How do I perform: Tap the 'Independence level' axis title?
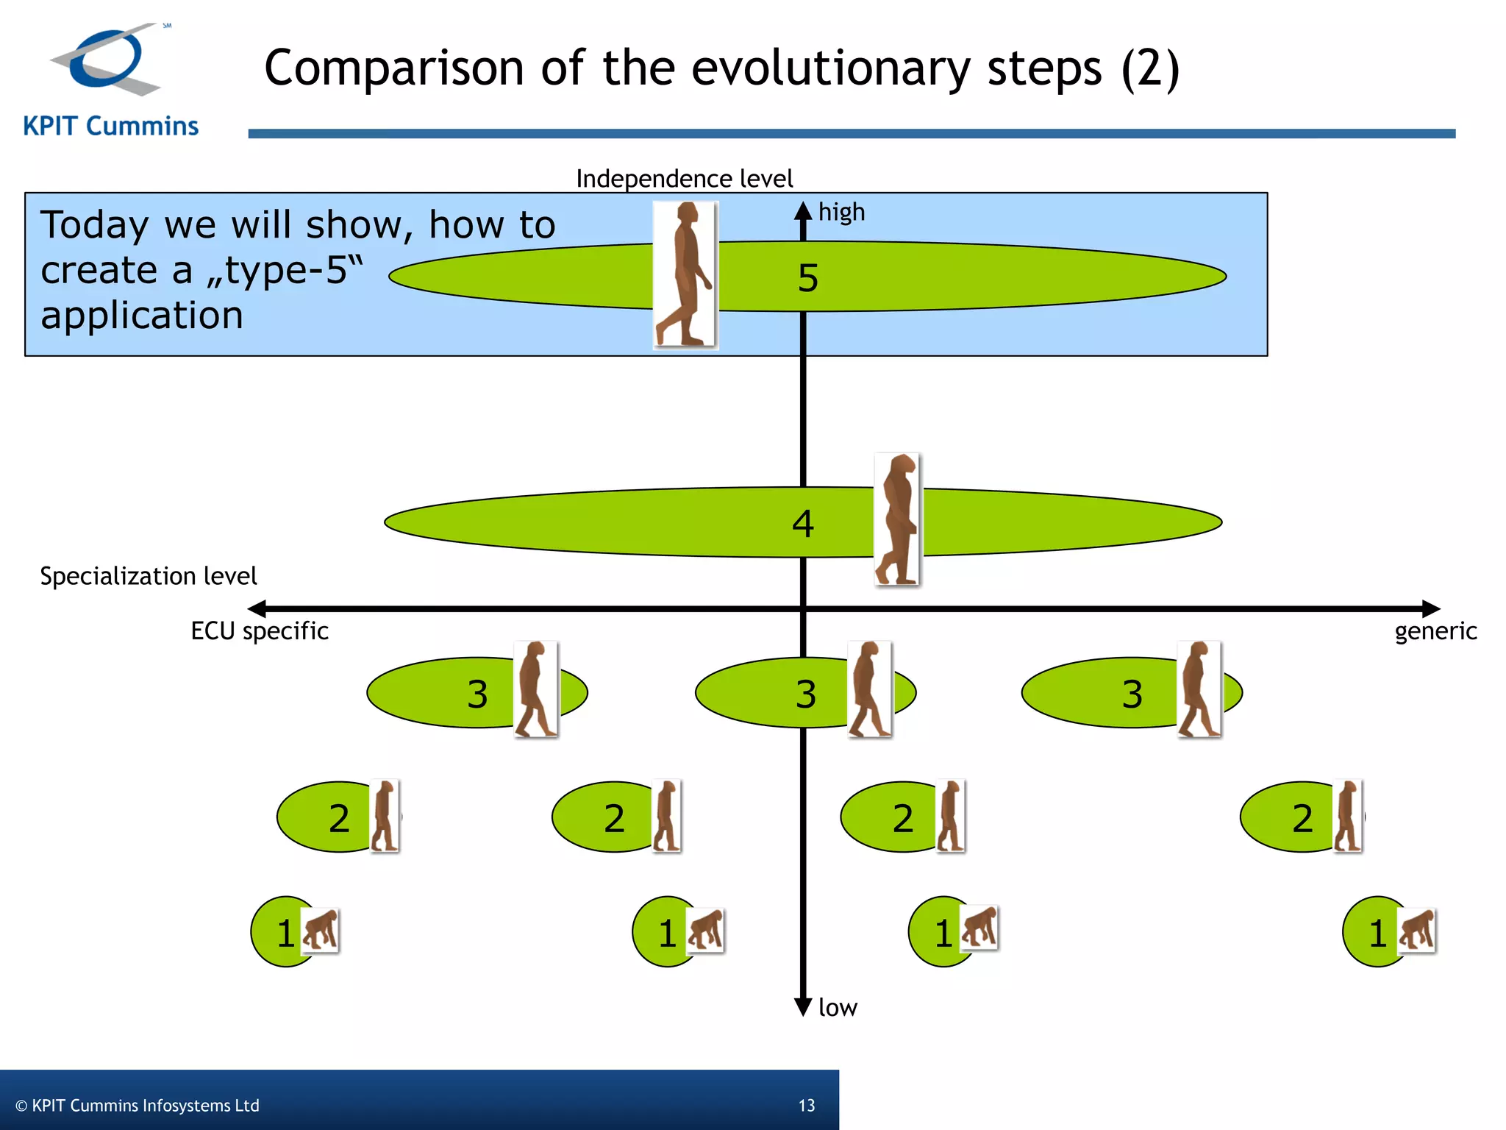point(684,179)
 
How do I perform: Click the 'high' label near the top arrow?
point(841,212)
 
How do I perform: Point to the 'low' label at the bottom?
point(838,1007)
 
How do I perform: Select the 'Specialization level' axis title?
point(149,576)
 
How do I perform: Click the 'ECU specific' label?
point(259,631)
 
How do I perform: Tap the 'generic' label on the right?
point(1435,631)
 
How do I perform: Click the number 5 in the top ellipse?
point(807,278)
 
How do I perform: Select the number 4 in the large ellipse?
point(802,524)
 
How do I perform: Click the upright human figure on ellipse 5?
point(685,274)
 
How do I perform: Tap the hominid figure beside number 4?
point(897,519)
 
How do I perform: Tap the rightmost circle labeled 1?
point(1372,932)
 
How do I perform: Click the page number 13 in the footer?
point(807,1106)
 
